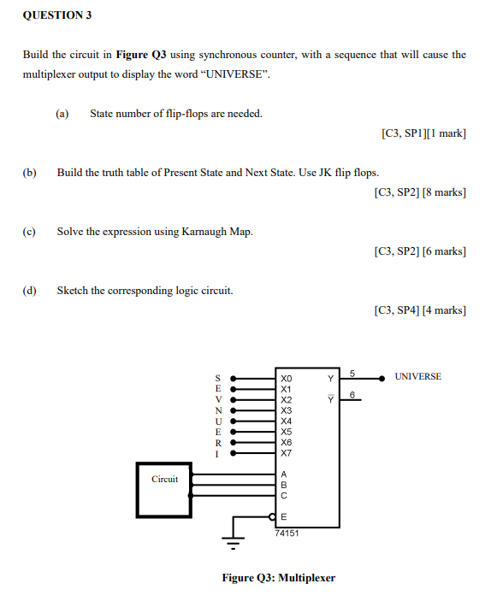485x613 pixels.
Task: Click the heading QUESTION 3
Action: [x=57, y=15]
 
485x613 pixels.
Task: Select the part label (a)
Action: [x=62, y=114]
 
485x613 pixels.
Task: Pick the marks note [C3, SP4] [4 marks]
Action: [x=420, y=309]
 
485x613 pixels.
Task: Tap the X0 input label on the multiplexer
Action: [x=286, y=378]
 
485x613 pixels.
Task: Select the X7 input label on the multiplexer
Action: [x=286, y=453]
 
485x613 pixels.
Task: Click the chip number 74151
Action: [x=287, y=532]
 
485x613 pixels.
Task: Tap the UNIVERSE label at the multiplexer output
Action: [x=418, y=377]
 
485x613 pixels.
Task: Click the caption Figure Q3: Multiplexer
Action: [x=278, y=578]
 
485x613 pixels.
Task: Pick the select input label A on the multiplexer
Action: [x=284, y=473]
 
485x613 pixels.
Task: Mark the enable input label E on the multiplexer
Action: [x=284, y=516]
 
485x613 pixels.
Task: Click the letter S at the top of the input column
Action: [x=217, y=377]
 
